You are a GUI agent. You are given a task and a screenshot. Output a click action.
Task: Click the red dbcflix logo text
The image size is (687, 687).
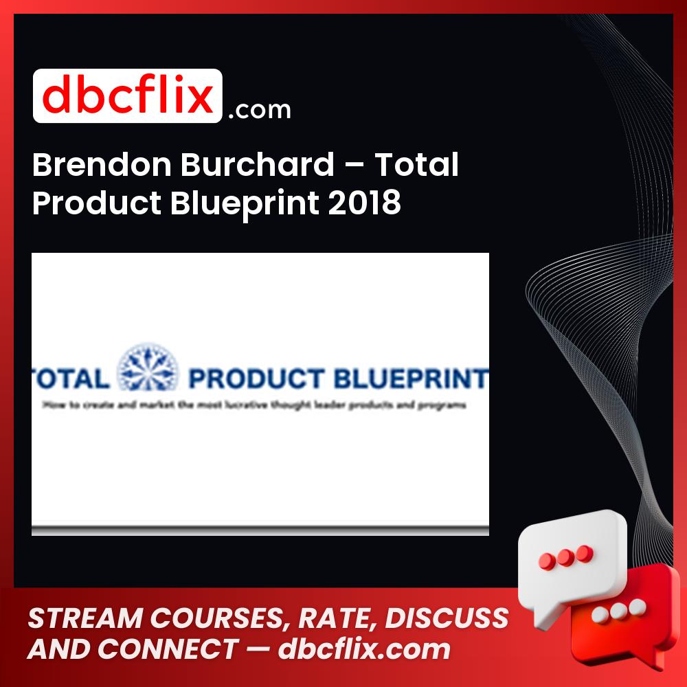[127, 96]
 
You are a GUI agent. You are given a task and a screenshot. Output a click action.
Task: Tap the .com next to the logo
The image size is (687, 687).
[259, 109]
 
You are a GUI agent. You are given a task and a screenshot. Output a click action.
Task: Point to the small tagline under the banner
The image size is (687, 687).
[254, 405]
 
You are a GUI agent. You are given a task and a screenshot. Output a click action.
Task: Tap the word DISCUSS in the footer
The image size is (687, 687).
[447, 618]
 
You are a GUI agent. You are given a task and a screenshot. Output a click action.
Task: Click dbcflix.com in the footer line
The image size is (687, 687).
[364, 649]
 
